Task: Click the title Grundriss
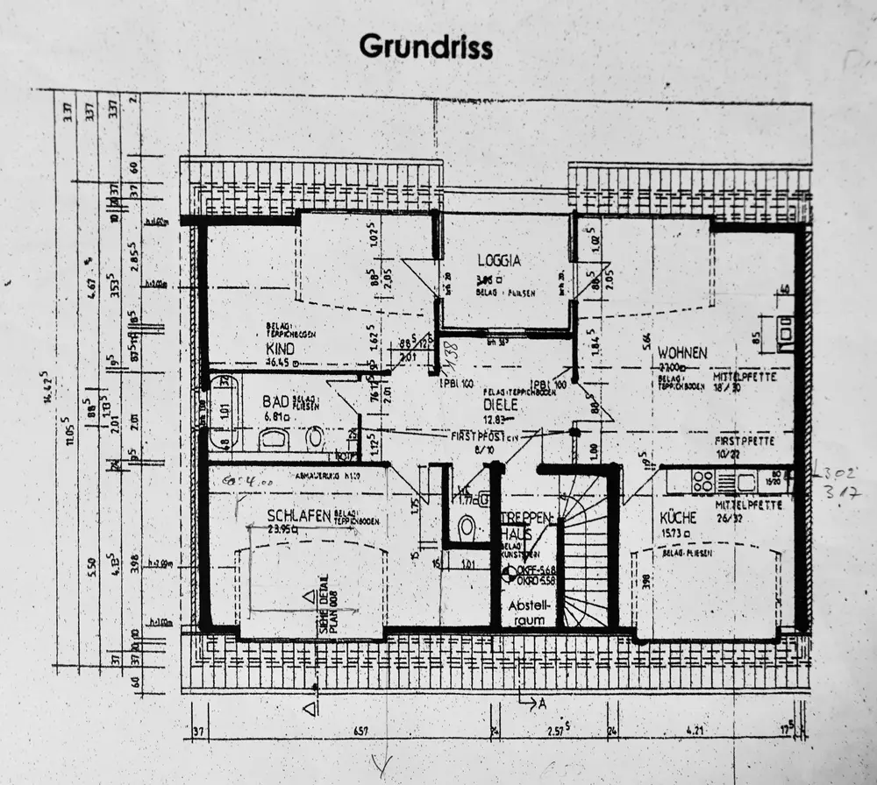click(425, 47)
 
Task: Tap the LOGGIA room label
click(499, 260)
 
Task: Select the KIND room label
click(280, 348)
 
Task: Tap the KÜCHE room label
click(678, 518)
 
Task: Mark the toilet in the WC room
click(467, 527)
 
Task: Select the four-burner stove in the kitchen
click(702, 481)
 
